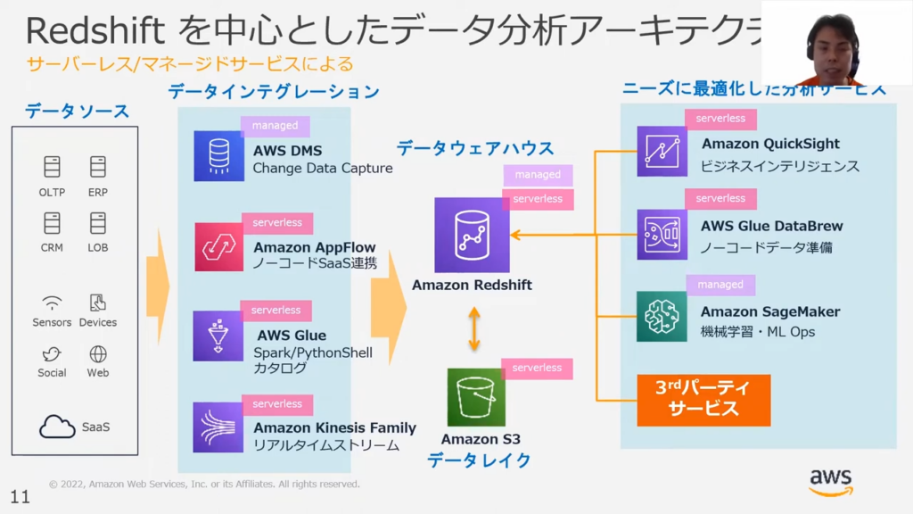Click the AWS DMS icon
pos(218,156)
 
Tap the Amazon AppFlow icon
pos(218,246)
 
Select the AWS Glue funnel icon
pos(218,336)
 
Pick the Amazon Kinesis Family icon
pos(218,427)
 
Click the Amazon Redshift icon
pos(472,235)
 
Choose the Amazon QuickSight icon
pos(662,151)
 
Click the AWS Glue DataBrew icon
pos(662,234)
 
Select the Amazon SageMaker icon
pos(662,316)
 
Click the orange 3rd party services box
pos(703,400)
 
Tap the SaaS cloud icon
pos(57,427)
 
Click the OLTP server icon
pos(52,167)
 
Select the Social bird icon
pos(52,353)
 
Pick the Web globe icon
pos(98,353)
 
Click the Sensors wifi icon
pos(52,303)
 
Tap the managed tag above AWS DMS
pos(275,126)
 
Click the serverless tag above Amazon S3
pos(537,368)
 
